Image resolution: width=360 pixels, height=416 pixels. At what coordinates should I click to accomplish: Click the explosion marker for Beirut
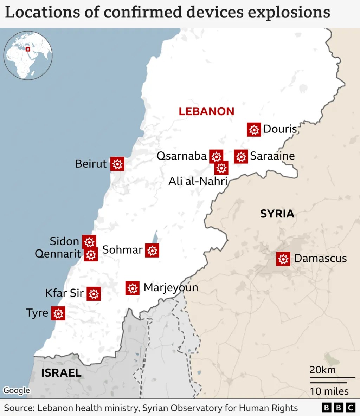117,164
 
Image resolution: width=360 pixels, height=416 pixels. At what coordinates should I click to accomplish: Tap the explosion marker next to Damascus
283,259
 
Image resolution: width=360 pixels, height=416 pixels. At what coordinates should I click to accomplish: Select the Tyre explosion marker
58,313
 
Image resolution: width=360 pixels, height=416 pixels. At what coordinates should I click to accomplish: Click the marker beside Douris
254,130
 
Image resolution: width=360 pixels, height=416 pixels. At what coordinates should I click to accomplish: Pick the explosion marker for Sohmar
152,251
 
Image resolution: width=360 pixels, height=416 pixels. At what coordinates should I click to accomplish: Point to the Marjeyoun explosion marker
132,288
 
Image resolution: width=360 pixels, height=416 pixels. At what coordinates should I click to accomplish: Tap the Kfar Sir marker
94,294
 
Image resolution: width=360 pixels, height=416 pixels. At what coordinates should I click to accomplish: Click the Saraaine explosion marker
241,156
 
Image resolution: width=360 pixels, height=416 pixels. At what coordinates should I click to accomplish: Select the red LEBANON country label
206,111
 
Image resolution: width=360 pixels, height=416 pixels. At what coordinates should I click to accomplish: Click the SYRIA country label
277,214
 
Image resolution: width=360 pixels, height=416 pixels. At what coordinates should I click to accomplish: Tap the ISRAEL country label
61,373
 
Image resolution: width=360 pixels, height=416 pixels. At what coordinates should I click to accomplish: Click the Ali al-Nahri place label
198,181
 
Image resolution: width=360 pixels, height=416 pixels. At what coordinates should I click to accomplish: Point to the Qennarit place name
58,254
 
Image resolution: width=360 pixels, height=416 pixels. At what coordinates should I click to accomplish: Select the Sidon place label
64,241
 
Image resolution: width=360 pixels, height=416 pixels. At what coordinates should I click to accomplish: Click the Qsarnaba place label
181,156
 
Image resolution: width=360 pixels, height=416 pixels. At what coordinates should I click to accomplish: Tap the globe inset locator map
28,55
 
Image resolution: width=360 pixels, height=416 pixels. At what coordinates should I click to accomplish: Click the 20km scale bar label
322,370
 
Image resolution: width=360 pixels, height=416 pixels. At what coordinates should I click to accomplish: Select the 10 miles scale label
329,391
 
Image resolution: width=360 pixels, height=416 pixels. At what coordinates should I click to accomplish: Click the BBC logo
338,408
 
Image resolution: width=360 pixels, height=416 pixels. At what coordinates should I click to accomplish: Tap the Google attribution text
17,390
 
